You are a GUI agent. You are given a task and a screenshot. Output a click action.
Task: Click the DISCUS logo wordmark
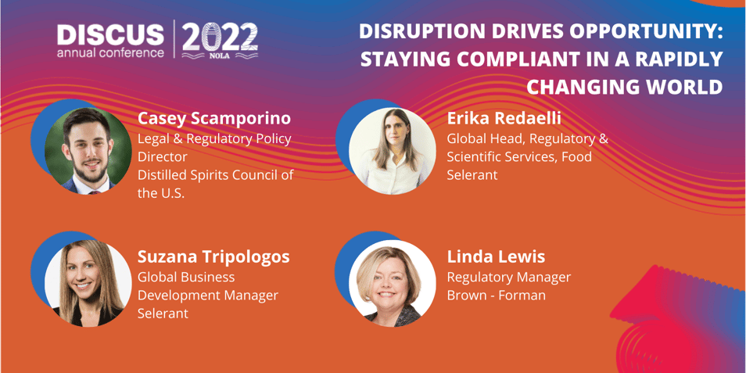[x=111, y=34]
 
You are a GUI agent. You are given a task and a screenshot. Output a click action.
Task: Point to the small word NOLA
[x=221, y=55]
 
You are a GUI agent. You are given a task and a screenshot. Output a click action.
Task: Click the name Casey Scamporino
[x=214, y=119]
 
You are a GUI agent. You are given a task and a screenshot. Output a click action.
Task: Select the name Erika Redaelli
[x=504, y=119]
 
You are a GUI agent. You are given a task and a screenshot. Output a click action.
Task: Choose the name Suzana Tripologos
[x=213, y=257]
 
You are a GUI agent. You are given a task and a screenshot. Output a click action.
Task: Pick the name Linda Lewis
[x=496, y=257]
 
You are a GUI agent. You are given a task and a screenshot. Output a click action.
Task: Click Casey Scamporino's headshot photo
[x=88, y=151]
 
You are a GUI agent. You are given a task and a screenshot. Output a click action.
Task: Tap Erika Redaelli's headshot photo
[x=392, y=151]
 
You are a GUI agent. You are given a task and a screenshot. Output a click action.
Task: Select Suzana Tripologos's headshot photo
[x=88, y=283]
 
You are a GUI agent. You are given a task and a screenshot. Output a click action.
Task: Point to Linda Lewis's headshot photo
[x=392, y=283]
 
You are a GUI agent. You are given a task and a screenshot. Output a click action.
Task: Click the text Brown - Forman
[x=497, y=295]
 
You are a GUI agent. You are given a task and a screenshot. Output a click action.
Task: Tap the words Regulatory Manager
[x=508, y=278]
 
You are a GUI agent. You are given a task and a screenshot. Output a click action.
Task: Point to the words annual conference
[x=111, y=52]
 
